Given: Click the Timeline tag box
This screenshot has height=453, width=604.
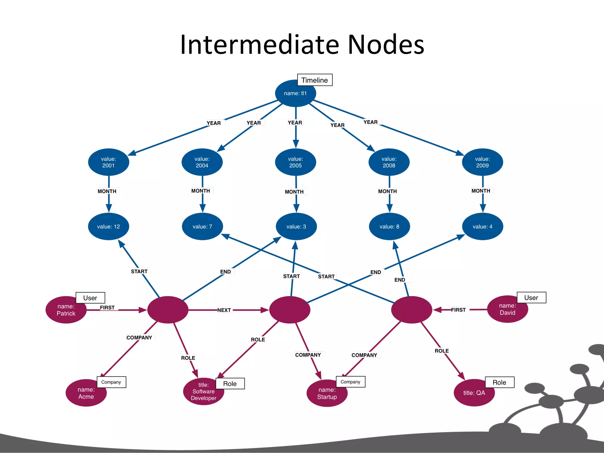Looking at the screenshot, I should (314, 80).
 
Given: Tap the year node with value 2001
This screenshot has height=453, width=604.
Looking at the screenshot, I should (109, 162).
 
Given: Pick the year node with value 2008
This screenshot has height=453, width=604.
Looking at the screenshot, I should (389, 162).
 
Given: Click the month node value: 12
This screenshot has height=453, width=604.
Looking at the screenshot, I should (109, 226).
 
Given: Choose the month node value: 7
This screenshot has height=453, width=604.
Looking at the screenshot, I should (202, 226).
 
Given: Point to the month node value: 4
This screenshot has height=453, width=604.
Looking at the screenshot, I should (482, 226).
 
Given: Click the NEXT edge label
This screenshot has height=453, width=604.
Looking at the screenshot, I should (224, 310).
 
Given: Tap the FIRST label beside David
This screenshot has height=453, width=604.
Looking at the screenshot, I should (458, 310).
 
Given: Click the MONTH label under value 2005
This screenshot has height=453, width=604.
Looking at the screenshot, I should (294, 192).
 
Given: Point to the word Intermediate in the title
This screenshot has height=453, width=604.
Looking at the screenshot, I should (260, 45).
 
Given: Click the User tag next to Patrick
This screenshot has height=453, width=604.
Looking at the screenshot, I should (90, 298).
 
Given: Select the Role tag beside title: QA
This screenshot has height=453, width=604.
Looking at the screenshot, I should (499, 382).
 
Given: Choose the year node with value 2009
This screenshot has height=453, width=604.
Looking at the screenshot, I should (482, 162).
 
